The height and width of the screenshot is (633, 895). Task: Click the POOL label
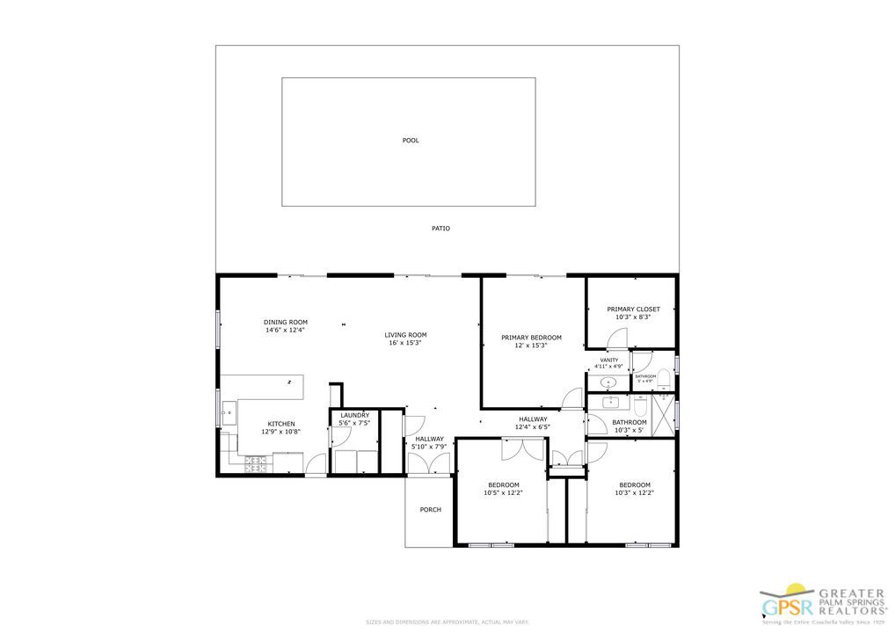click(x=410, y=141)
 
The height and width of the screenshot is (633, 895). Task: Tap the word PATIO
click(x=440, y=229)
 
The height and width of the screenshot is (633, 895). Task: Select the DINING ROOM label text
click(x=286, y=322)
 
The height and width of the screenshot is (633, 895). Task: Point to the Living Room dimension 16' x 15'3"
click(x=404, y=343)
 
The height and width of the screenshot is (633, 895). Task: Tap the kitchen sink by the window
click(x=229, y=411)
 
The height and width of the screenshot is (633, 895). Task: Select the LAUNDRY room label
click(x=354, y=415)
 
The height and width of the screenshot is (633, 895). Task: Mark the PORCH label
click(x=430, y=510)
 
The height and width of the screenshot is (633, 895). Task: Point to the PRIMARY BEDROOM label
click(x=531, y=338)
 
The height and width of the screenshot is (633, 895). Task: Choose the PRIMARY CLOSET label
click(x=633, y=309)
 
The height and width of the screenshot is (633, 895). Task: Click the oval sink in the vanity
click(x=607, y=383)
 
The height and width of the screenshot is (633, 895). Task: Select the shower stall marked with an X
click(x=663, y=411)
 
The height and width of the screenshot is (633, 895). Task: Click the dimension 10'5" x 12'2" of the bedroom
click(x=503, y=493)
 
